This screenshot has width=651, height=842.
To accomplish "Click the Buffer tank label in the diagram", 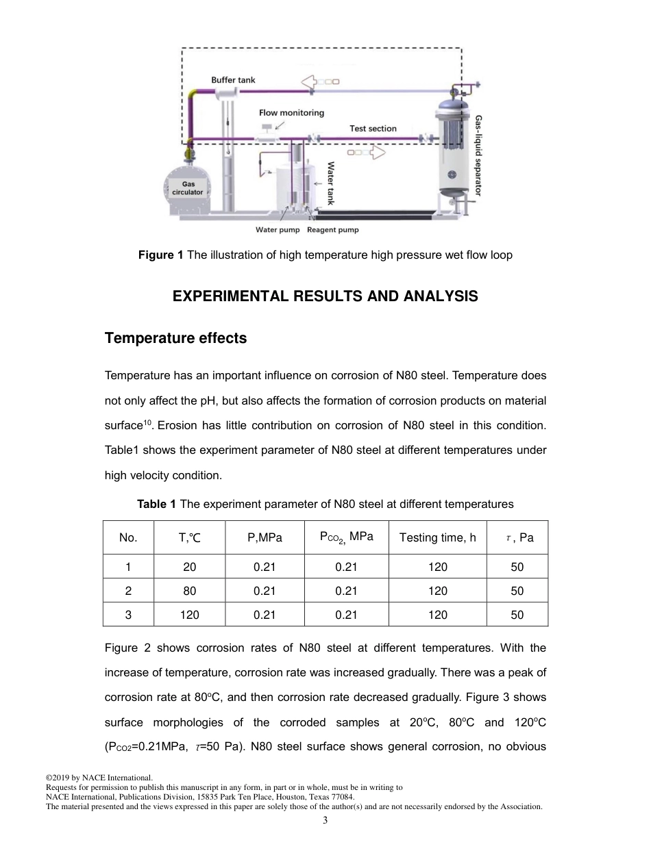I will tap(233, 80).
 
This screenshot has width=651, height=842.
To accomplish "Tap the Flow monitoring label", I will tap(291, 113).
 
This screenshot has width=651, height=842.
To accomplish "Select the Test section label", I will tap(373, 129).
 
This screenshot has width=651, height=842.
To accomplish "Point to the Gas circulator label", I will tap(187, 188).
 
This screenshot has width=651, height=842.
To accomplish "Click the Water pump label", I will tap(278, 230).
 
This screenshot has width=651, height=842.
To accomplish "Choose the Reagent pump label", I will tap(333, 230).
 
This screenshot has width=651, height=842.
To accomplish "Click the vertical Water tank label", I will tap(330, 183).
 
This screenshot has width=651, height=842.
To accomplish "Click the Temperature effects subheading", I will tap(175, 339).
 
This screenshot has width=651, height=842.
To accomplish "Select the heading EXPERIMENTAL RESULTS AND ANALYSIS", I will tap(325, 296).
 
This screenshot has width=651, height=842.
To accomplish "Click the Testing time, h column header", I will tap(437, 538).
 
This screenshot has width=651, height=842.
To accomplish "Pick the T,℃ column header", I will tap(189, 538).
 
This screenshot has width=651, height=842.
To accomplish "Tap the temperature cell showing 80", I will tap(189, 591).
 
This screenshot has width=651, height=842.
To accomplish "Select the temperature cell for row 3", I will tap(189, 615).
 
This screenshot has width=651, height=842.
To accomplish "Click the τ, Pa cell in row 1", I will tap(517, 567).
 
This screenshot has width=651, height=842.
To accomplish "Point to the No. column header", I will tap(128, 538).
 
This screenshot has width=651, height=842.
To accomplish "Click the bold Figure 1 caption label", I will tap(161, 255).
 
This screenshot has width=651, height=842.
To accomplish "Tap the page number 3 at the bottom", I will tap(325, 821).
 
